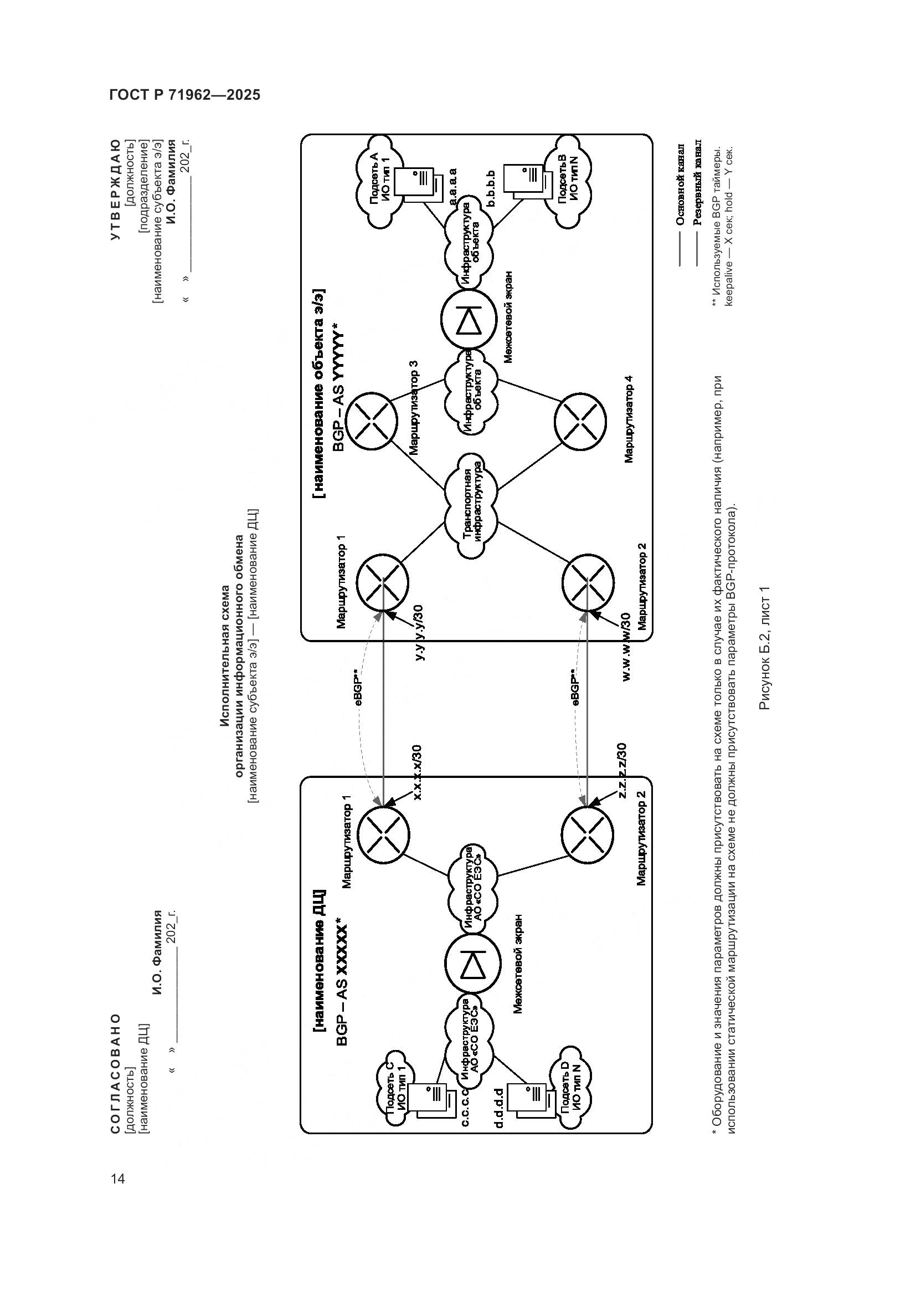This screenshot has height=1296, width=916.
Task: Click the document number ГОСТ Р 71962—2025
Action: coord(184,95)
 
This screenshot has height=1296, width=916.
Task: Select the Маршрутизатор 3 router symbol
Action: coord(372,421)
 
